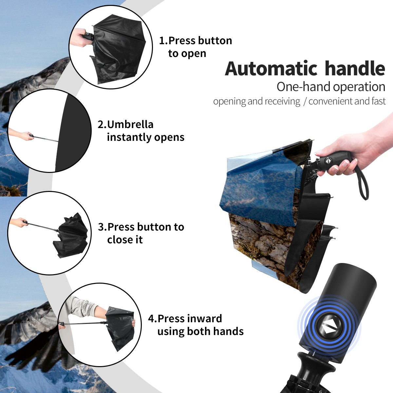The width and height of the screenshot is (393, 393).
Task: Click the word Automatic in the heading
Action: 271,69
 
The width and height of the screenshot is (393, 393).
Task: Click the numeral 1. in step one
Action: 163,41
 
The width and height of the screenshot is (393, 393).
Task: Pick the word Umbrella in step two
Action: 130,124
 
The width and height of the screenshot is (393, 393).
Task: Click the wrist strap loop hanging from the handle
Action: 363,184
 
